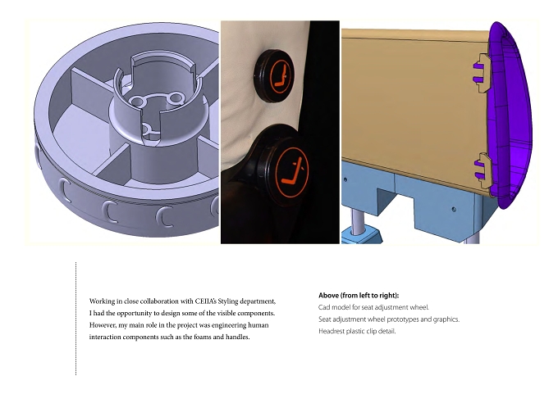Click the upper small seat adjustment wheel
click(x=273, y=75)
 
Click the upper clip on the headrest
click(x=482, y=73)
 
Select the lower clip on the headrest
click(x=483, y=171)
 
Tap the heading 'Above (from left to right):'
click(x=359, y=295)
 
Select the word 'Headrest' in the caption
click(x=331, y=331)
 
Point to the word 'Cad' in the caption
click(x=324, y=307)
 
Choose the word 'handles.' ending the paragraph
click(x=238, y=337)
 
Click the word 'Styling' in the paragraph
click(x=228, y=301)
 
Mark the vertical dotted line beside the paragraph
click(x=75, y=319)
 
